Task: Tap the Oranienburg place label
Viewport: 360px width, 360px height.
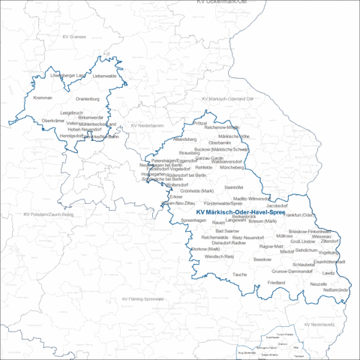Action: point(88,98)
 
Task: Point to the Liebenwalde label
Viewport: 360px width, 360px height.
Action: point(104,76)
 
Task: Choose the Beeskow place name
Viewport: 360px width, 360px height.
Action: point(262,259)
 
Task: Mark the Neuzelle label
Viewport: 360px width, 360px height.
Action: point(319,284)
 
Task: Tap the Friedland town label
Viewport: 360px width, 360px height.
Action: point(276,282)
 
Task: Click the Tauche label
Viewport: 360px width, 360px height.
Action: point(239,274)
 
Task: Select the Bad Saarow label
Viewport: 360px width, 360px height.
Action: point(226,231)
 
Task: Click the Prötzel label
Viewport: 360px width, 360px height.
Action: point(200,122)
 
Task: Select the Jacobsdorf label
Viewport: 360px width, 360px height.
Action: point(277,204)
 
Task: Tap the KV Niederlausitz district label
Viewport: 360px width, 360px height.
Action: point(319,324)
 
